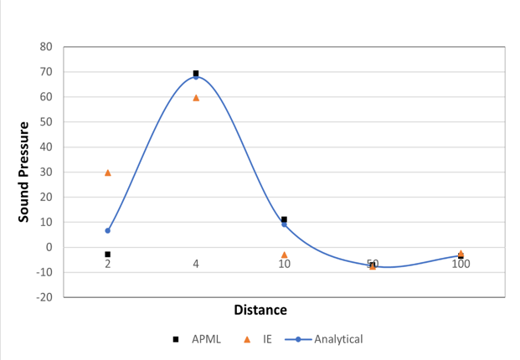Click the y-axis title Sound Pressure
[x=25, y=172]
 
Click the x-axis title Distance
[x=260, y=310]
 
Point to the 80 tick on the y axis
[x=47, y=47]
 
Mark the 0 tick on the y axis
[x=50, y=247]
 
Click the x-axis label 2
[x=107, y=264]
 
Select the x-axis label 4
[x=196, y=264]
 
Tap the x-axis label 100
[x=461, y=264]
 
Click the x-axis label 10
[x=284, y=264]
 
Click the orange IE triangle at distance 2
[x=107, y=172]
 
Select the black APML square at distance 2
[x=107, y=254]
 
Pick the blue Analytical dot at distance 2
[x=107, y=230]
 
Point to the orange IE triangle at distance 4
[x=196, y=98]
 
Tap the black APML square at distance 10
[x=284, y=219]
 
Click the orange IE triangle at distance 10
[x=284, y=255]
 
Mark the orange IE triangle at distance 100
[x=461, y=252]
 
